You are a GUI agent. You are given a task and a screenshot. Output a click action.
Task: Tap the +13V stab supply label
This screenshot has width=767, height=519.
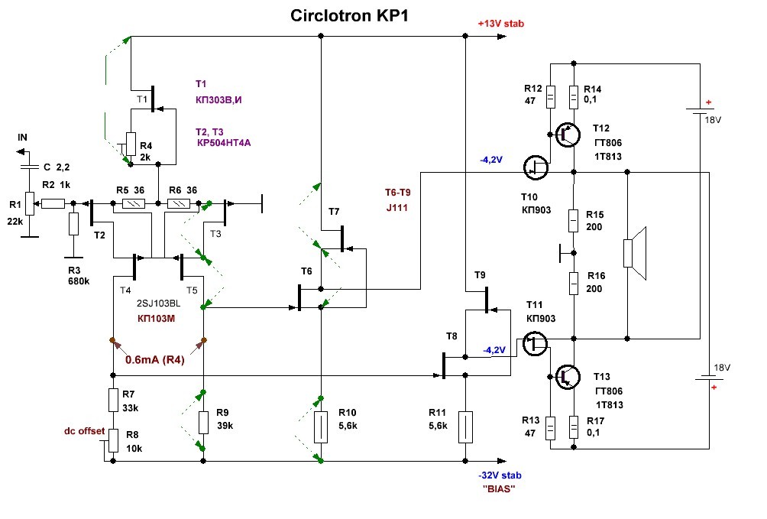(500, 24)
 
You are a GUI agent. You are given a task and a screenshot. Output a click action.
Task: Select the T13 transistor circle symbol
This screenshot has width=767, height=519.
(567, 375)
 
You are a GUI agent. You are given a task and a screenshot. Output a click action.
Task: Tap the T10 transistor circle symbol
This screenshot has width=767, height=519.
(537, 167)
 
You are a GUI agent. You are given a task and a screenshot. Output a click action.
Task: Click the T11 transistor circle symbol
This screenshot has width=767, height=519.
(536, 343)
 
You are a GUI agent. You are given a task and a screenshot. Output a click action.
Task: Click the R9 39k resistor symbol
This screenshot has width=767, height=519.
(203, 422)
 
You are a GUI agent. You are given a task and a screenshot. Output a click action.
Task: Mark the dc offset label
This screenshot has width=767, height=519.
(84, 430)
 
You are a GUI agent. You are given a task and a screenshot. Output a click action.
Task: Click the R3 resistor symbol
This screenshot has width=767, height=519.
(73, 224)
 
